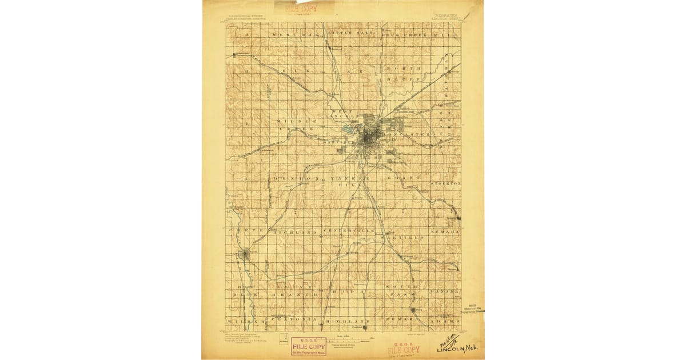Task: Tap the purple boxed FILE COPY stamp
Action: pyautogui.click(x=309, y=346)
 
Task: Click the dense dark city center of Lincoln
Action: pyautogui.click(x=370, y=137)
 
